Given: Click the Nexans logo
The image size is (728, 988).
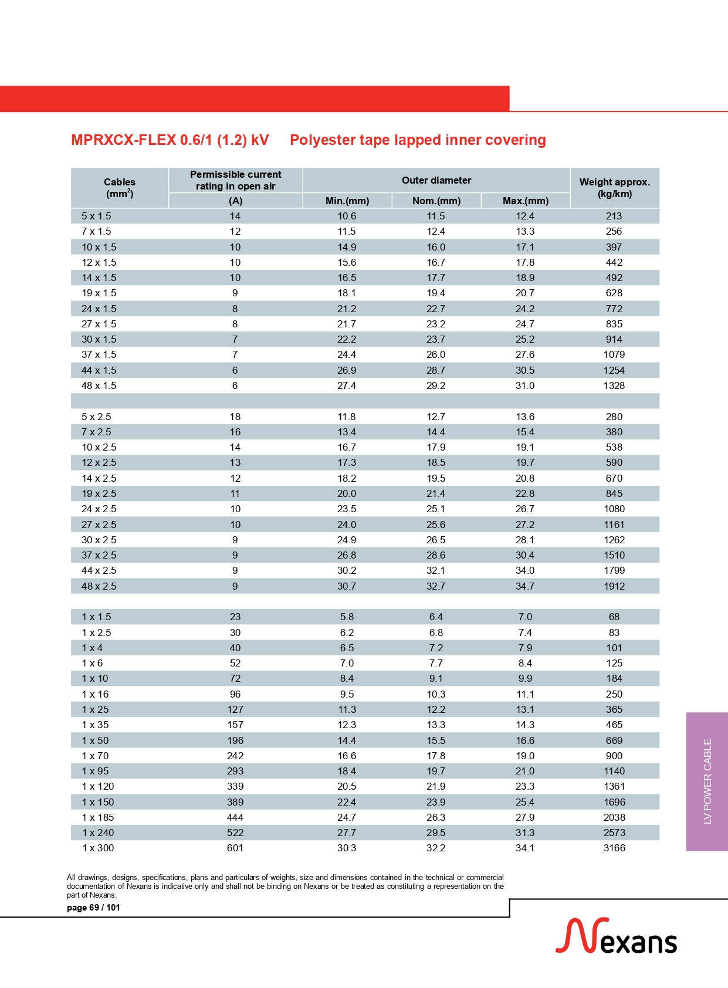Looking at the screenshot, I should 616,936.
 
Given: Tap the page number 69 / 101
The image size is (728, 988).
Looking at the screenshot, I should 93,908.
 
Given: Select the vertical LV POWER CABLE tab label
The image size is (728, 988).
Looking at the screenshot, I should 707,781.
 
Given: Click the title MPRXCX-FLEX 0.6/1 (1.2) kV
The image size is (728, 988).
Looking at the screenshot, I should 170,140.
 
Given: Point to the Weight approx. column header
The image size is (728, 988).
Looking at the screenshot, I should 614,188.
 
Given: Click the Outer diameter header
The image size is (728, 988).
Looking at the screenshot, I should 436,180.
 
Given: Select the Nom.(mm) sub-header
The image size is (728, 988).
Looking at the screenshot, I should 436,201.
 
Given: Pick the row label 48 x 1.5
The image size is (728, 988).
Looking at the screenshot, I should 99,385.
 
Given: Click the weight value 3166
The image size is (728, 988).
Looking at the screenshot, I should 614,848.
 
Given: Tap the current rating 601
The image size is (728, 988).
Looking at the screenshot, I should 235,848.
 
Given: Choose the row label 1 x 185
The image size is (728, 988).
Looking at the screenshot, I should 98,817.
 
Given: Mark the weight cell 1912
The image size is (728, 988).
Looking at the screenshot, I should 614,586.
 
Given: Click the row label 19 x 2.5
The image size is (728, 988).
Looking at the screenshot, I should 99,493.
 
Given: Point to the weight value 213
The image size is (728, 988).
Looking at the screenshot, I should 614,216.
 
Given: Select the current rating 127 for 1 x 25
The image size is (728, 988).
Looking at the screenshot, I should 235,709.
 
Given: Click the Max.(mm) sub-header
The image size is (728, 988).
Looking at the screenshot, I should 525,201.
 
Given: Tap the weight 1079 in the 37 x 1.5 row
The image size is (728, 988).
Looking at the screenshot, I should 614,354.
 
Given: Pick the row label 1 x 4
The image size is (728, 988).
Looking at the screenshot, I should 92,648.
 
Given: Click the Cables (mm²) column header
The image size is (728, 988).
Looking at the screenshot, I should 120,188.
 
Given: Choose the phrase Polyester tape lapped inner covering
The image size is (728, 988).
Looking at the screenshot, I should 418,140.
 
